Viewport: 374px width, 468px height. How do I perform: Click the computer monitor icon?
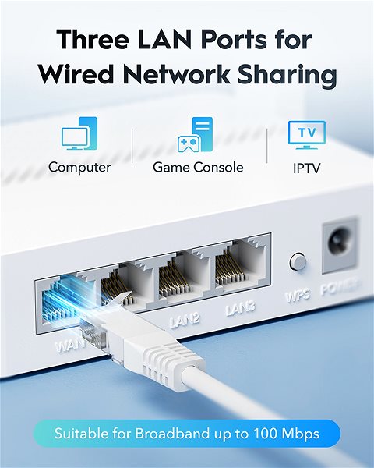[79, 133]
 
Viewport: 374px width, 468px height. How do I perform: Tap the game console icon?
[196, 134]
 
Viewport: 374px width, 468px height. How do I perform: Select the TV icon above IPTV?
[306, 135]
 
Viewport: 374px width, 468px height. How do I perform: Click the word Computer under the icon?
[79, 167]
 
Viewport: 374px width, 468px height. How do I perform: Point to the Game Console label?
[198, 167]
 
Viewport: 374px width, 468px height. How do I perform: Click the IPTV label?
[306, 168]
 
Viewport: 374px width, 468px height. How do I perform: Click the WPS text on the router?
[298, 295]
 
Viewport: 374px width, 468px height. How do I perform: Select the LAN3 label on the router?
[240, 309]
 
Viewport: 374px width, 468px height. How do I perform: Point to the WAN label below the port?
[70, 346]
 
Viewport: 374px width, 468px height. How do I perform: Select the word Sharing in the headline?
[288, 74]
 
